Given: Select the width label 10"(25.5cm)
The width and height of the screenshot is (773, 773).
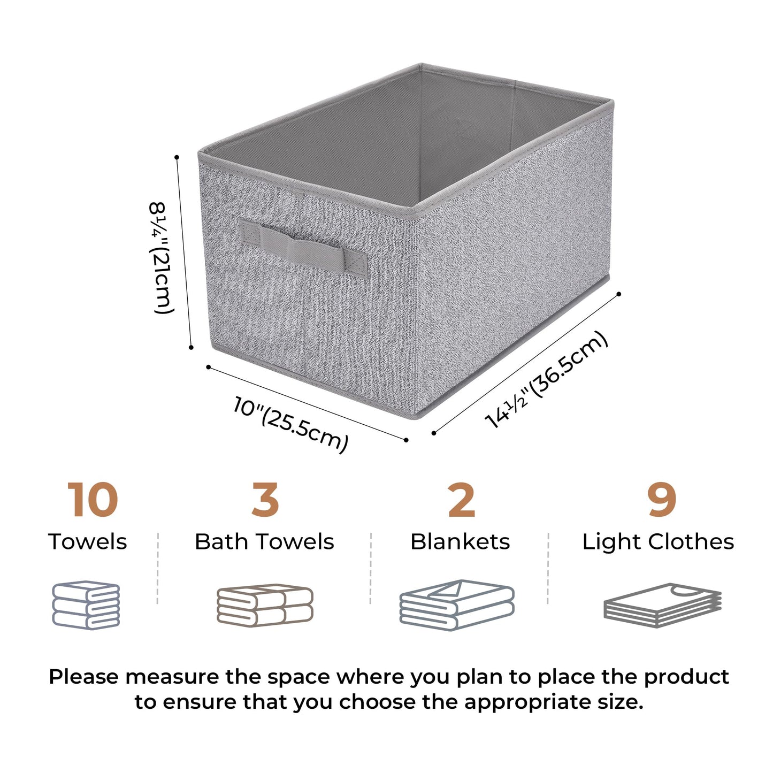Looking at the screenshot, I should point(291,424).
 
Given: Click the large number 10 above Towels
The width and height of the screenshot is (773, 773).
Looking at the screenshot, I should point(93,500).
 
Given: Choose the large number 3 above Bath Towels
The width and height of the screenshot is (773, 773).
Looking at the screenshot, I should point(265,500).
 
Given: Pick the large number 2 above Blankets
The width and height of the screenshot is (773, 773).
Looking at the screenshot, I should point(461,500).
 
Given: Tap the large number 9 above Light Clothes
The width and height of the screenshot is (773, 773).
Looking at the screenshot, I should point(662,500).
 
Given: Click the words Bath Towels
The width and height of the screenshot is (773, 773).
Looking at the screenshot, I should point(264,541).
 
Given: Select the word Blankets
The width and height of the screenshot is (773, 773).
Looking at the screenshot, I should point(460,541).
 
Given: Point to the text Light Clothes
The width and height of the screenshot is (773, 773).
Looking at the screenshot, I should point(658,541).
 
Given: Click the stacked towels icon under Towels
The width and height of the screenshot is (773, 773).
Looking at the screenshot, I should point(86,604).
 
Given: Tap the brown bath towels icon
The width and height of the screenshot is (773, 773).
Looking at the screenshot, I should point(265,605).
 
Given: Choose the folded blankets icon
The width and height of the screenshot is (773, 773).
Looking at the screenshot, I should point(457,604).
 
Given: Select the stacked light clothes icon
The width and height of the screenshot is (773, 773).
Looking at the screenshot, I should point(662,605).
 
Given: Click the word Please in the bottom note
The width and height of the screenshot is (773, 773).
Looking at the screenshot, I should point(84,677).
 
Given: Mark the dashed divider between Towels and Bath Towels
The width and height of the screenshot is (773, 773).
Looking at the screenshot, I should point(158,568).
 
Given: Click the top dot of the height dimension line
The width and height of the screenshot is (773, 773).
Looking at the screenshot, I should point(177,157).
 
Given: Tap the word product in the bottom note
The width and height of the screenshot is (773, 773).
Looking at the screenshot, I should point(686,677).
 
